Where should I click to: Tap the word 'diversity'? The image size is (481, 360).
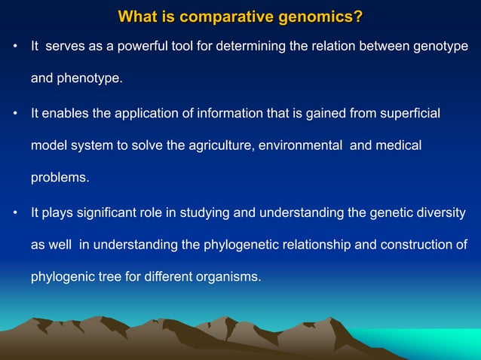pos(440,212)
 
